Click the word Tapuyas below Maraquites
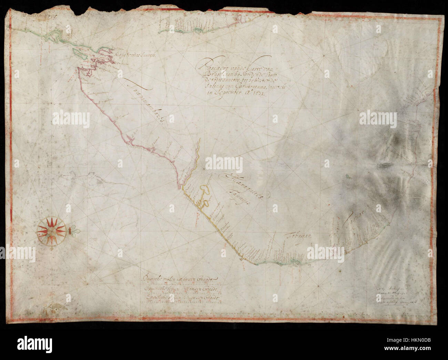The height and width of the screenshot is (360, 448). (242, 199)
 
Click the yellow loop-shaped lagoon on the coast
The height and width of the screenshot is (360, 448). (205, 190)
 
